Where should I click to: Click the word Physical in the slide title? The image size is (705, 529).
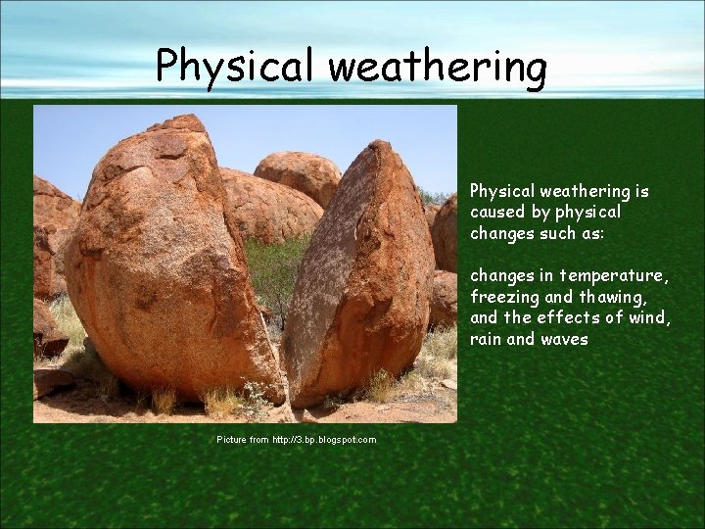235,67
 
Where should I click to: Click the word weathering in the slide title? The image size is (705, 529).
437,67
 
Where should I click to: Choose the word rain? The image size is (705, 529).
487,339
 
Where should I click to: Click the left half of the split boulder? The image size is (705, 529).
166,264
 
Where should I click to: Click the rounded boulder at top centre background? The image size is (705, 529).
298,175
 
